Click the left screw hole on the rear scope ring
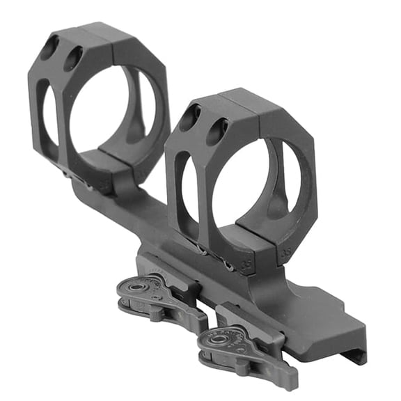49,47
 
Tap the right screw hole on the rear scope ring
74,58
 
